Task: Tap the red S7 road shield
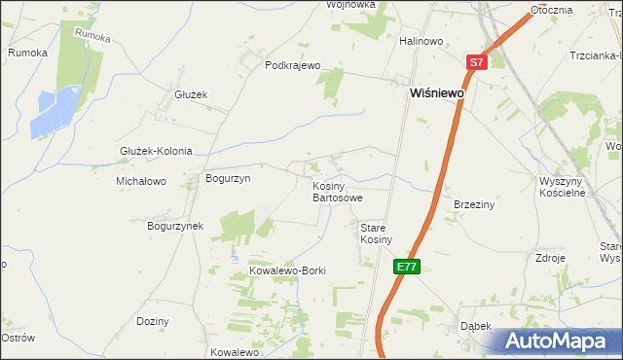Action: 475,62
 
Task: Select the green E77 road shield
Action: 407,266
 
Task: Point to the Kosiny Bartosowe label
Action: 337,192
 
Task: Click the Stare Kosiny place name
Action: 376,234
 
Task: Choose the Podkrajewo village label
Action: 293,66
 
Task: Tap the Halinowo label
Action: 421,41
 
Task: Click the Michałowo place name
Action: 141,181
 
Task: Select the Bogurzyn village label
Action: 228,179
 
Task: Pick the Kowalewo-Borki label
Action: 287,270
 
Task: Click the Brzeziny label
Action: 475,205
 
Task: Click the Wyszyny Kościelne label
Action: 561,187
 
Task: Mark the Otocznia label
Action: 551,9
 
